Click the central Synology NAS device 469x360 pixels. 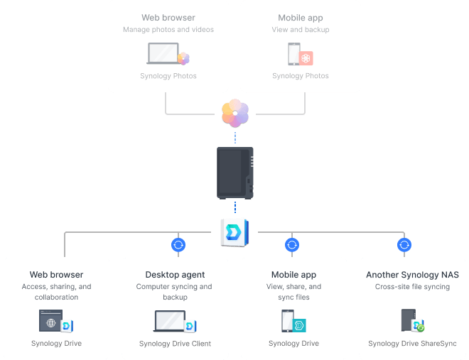pyautogui.click(x=234, y=172)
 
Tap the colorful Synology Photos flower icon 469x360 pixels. pyautogui.click(x=235, y=113)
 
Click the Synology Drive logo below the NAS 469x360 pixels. pyautogui.click(x=234, y=231)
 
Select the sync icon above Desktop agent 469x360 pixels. pyautogui.click(x=178, y=245)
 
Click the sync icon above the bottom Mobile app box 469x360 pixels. pyautogui.click(x=291, y=245)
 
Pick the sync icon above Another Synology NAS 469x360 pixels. pyautogui.click(x=404, y=245)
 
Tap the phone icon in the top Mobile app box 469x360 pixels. pyautogui.click(x=293, y=55)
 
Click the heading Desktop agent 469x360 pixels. pyautogui.click(x=175, y=275)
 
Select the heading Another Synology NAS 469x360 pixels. pyautogui.click(x=412, y=275)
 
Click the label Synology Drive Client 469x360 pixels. pyautogui.click(x=175, y=344)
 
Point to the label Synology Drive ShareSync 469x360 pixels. pyautogui.click(x=412, y=344)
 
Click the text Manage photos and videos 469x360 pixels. pyautogui.click(x=168, y=30)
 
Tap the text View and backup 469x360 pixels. pyautogui.click(x=300, y=30)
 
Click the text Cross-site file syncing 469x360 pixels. pyautogui.click(x=412, y=287)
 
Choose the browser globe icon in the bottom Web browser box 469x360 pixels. pyautogui.click(x=50, y=322)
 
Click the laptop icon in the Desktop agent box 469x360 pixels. pyautogui.click(x=169, y=322)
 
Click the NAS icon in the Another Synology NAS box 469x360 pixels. pyautogui.click(x=408, y=321)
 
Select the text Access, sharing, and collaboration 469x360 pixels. pyautogui.click(x=56, y=292)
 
